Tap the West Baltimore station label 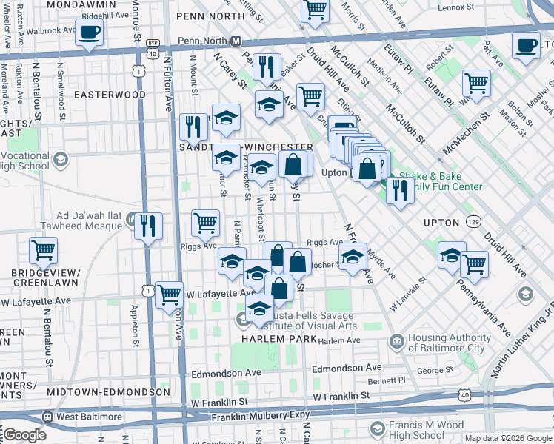87,417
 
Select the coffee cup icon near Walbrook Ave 89,33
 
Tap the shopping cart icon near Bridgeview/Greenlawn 44,251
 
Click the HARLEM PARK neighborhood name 279,339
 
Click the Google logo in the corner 24,435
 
